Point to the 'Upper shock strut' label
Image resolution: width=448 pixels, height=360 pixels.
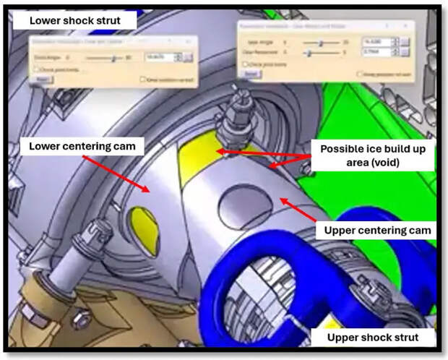click(374, 337)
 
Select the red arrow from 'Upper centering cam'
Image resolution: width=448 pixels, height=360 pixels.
click(300, 210)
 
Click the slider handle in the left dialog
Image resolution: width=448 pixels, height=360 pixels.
click(113, 56)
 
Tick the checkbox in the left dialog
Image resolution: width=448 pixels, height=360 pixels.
click(35, 69)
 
